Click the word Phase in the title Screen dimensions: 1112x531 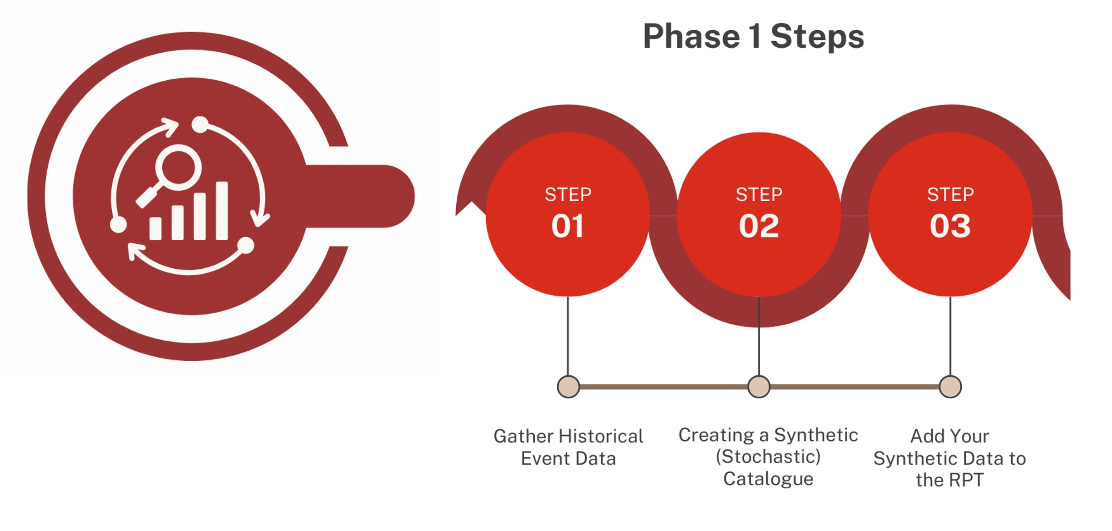point(692,36)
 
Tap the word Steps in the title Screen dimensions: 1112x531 point(817,37)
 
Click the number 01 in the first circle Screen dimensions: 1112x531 point(568,226)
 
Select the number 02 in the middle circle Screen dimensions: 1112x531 point(759,226)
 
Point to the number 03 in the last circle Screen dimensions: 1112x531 point(950,226)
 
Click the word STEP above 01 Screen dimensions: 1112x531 point(568,194)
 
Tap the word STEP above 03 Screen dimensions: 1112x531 point(951,194)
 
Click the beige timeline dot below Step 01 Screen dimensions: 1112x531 point(569,387)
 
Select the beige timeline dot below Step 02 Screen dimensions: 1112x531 point(759,387)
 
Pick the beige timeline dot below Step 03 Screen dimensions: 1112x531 point(950,387)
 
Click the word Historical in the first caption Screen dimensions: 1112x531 point(602,436)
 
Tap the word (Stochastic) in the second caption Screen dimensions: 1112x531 point(768,457)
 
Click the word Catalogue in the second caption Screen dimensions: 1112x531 point(769,479)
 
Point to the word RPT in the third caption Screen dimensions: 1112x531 point(966,480)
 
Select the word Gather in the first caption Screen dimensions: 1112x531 point(524,436)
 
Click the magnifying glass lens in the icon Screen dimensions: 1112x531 point(178,167)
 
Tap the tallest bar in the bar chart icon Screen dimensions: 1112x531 point(222,211)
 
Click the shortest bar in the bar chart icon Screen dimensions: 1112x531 point(155,228)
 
